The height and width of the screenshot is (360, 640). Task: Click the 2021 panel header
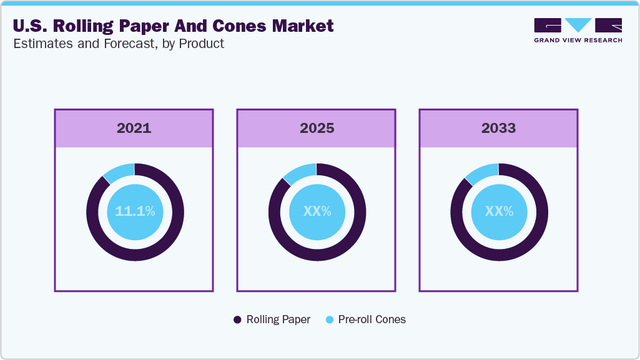134,129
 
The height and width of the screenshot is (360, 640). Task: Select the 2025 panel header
317,129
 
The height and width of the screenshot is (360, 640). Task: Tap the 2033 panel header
498,129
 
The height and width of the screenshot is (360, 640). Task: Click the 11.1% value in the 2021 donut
135,212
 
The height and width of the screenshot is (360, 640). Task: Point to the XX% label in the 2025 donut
317,212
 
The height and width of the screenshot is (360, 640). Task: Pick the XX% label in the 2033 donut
499,212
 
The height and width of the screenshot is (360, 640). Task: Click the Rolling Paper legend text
278,319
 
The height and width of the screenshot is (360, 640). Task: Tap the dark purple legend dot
237,319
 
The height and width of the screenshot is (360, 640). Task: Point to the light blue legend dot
329,319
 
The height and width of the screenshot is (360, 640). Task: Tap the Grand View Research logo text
578,41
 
